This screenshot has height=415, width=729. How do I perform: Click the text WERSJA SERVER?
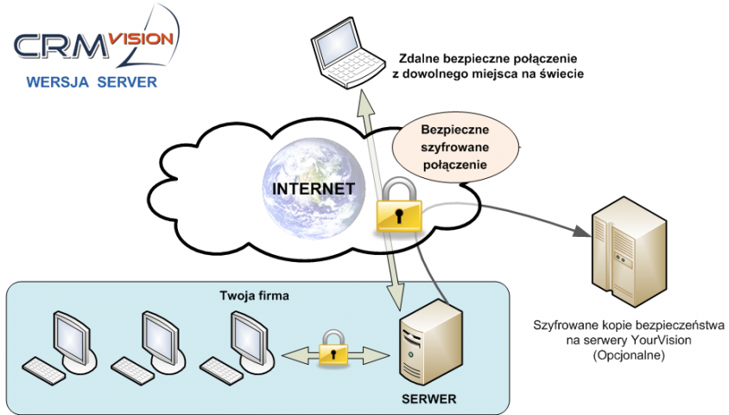click(92, 84)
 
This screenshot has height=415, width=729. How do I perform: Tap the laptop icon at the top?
click(345, 52)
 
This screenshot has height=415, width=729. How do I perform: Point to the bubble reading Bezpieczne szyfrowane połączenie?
click(454, 146)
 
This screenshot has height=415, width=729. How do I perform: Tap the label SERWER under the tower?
click(428, 401)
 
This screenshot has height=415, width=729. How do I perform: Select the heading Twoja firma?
click(254, 297)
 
